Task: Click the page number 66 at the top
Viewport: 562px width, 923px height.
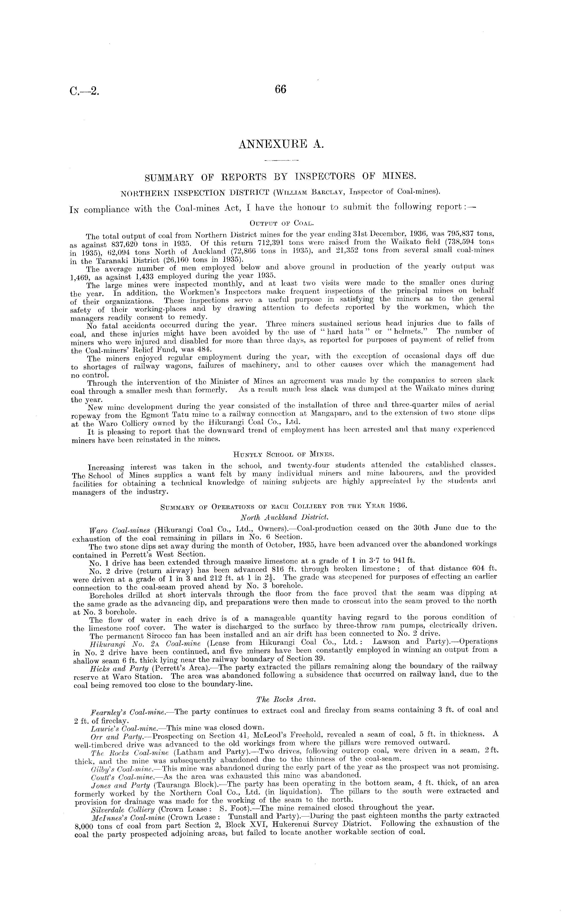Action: tap(280, 90)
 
